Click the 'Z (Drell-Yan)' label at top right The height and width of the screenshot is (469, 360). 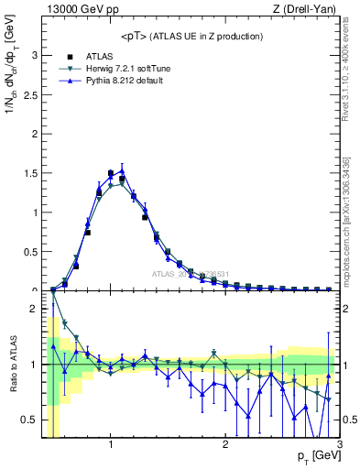click(308, 10)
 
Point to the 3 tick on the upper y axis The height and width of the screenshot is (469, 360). click(36, 55)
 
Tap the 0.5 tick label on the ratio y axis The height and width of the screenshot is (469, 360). click(31, 420)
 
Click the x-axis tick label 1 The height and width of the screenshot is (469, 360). click(111, 445)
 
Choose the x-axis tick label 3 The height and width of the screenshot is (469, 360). click(339, 445)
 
